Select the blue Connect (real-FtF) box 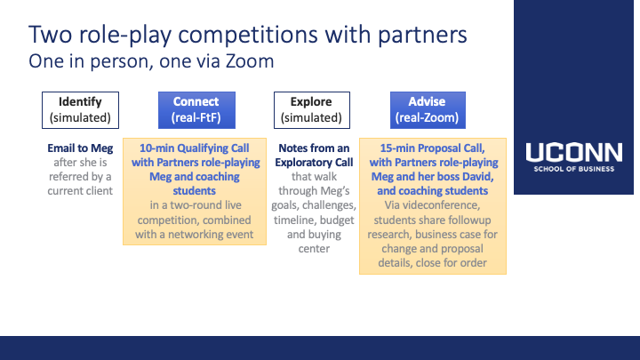196,110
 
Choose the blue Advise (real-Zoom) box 428,110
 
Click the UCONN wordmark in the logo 574,152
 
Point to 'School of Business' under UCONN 574,169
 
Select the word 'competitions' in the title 247,36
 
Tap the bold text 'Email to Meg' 80,148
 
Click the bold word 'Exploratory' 299,163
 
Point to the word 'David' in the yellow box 477,177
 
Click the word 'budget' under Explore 337,220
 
